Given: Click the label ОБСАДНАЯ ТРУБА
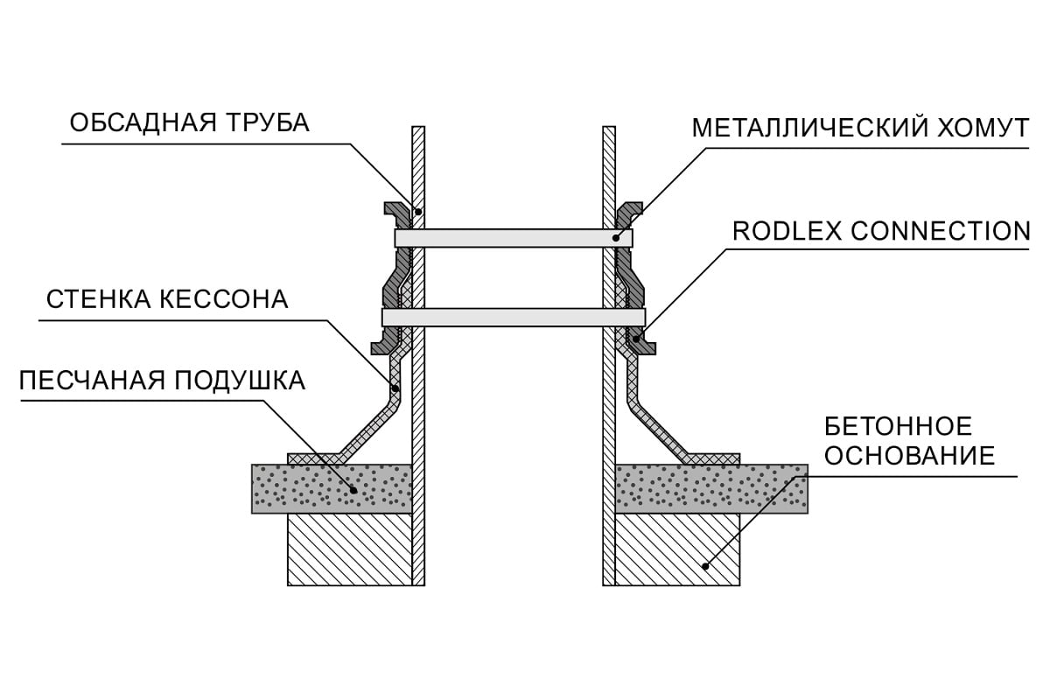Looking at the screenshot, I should click(x=190, y=122).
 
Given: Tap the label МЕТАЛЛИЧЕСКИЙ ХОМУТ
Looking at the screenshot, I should click(x=860, y=128).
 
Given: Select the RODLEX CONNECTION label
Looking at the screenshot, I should click(x=880, y=231).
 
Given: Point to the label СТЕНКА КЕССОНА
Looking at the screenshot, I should click(x=166, y=300).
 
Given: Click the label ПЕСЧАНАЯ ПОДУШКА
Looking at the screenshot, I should click(x=162, y=381).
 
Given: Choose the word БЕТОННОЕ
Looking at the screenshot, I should click(x=898, y=427).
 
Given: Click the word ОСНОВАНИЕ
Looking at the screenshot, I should click(x=910, y=457).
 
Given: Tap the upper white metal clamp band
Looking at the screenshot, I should click(x=514, y=237).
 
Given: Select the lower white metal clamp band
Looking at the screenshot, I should click(x=514, y=317).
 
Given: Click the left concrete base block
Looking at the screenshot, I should click(x=349, y=549).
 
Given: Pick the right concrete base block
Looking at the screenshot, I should click(x=678, y=549).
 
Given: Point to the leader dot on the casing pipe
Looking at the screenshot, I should click(x=418, y=212).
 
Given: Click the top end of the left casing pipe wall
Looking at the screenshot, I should click(x=418, y=129).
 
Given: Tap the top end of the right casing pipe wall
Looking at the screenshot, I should click(x=609, y=129).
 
